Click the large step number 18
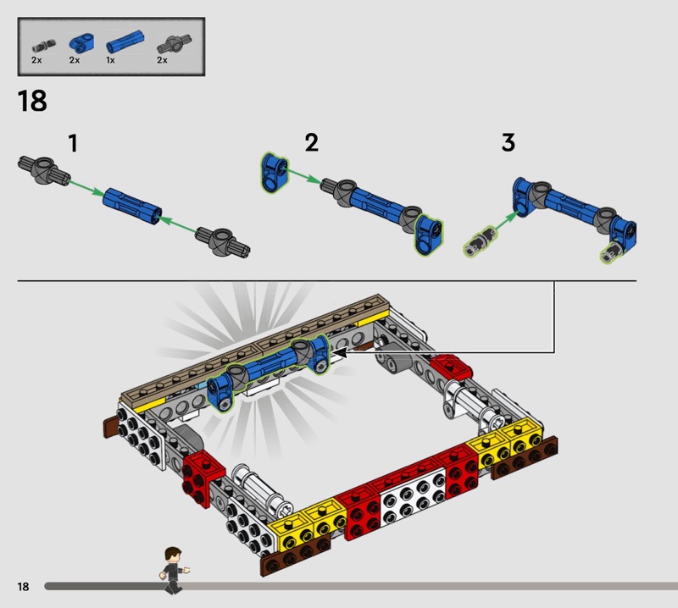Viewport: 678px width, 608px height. click(32, 101)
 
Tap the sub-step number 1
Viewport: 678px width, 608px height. click(73, 143)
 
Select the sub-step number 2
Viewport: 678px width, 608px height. click(311, 142)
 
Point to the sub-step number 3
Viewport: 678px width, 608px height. click(508, 142)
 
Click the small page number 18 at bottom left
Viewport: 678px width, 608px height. click(24, 586)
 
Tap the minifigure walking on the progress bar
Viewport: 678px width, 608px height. click(174, 571)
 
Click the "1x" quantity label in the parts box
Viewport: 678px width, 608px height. click(110, 60)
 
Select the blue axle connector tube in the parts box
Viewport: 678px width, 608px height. click(125, 41)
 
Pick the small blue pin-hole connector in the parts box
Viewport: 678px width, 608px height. click(81, 42)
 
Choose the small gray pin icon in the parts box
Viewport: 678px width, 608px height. click(44, 46)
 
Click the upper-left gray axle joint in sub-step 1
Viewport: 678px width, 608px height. click(44, 170)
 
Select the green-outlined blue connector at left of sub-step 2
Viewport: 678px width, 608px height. click(274, 172)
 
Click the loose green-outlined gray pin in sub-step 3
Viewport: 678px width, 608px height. click(480, 241)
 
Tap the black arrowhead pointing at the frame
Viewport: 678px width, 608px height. click(340, 352)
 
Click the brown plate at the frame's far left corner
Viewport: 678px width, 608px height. click(111, 428)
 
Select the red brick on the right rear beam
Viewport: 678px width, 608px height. click(451, 367)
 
